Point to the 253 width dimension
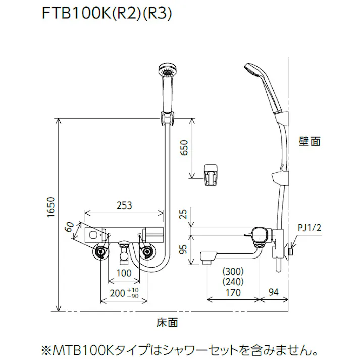(x=124, y=205)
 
